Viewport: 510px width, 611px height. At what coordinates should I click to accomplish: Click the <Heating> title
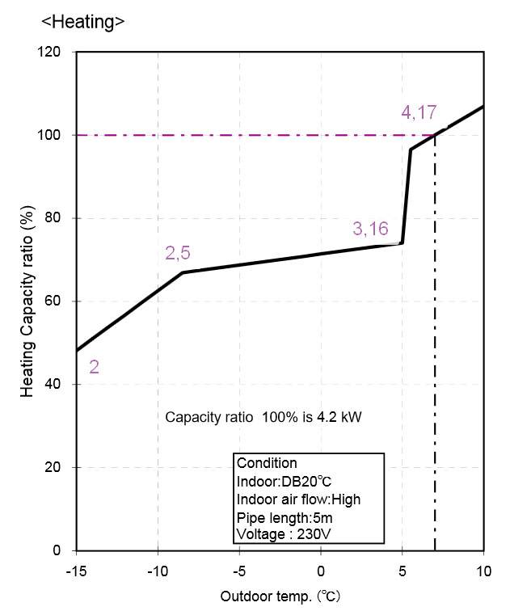[x=82, y=22]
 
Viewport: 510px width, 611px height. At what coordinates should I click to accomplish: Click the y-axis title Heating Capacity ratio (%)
[x=27, y=301]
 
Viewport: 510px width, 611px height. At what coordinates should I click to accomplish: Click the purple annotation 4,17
[x=419, y=112]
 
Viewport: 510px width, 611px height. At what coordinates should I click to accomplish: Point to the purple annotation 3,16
[x=370, y=229]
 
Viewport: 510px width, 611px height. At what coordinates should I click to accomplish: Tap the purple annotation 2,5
[x=178, y=254]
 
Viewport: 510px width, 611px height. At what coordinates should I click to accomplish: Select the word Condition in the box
[x=267, y=463]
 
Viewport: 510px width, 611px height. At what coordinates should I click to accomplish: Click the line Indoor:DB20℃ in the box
[x=279, y=481]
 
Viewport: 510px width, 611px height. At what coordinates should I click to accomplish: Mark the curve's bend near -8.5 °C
[x=183, y=272]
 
